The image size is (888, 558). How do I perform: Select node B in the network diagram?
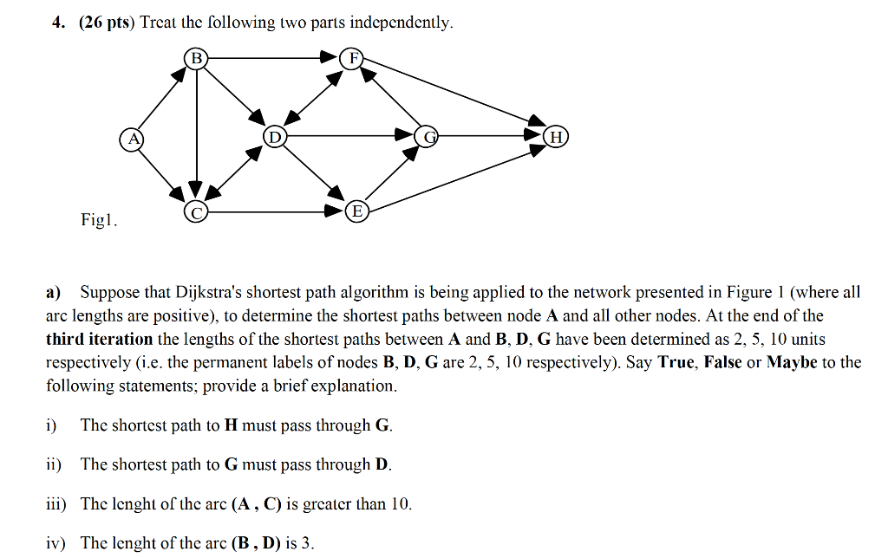[x=196, y=59]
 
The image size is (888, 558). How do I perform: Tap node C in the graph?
[x=196, y=211]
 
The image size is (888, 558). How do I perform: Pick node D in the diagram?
[x=274, y=137]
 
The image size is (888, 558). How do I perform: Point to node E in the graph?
[x=356, y=211]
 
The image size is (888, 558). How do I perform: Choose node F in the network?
[x=352, y=59]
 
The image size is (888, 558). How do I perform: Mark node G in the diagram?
[x=427, y=137]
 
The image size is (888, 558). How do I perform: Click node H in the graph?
[x=556, y=137]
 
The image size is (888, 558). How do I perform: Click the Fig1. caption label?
[x=98, y=220]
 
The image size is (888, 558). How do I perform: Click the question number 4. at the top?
[x=57, y=23]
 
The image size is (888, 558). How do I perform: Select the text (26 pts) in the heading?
[x=106, y=23]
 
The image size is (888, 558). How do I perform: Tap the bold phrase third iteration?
[x=99, y=339]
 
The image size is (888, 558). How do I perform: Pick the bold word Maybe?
[x=793, y=362]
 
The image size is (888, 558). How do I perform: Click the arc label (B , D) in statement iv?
[x=256, y=543]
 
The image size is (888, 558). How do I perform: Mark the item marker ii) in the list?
[x=54, y=464]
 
